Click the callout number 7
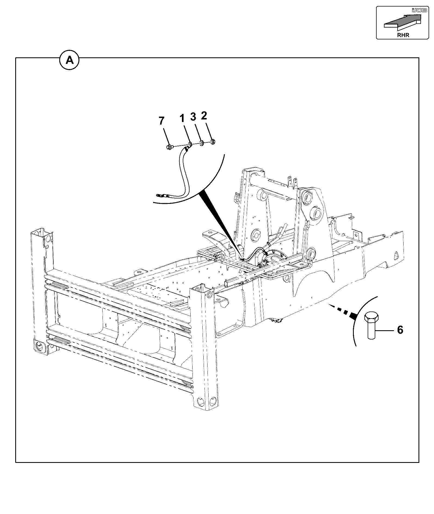click(x=162, y=121)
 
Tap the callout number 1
click(x=182, y=118)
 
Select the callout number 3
click(x=193, y=117)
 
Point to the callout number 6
click(x=400, y=330)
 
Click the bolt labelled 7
click(x=169, y=147)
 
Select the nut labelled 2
click(x=213, y=141)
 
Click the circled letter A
click(x=70, y=59)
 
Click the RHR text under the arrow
click(x=403, y=35)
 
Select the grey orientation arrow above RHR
click(x=402, y=22)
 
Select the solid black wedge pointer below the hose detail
click(x=221, y=224)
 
